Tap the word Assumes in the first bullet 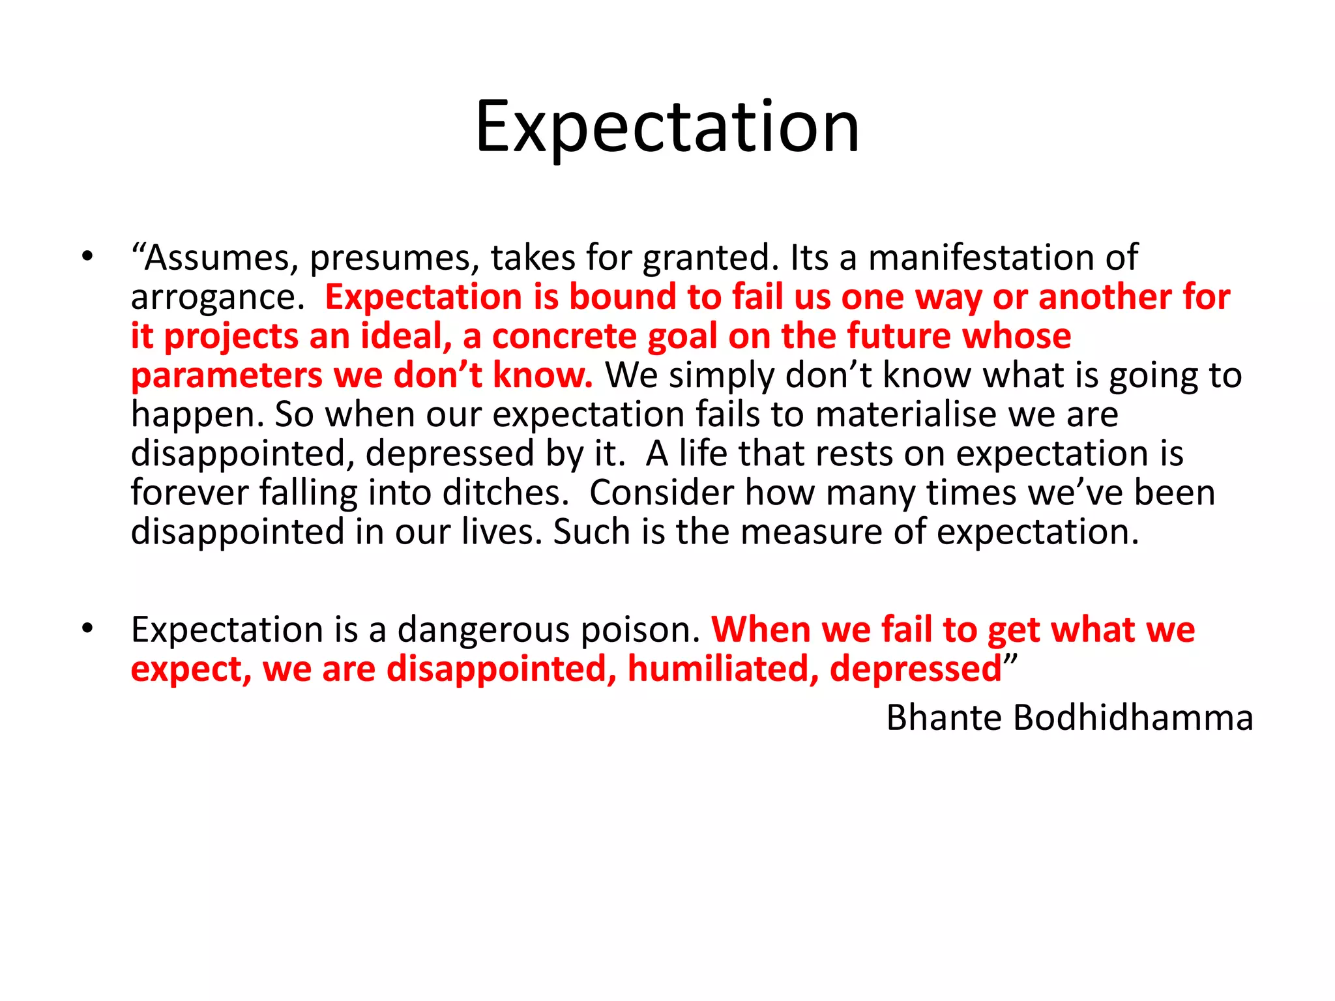tap(214, 257)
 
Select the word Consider tap(661, 493)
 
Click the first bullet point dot tap(87, 257)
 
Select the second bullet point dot tap(87, 629)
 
